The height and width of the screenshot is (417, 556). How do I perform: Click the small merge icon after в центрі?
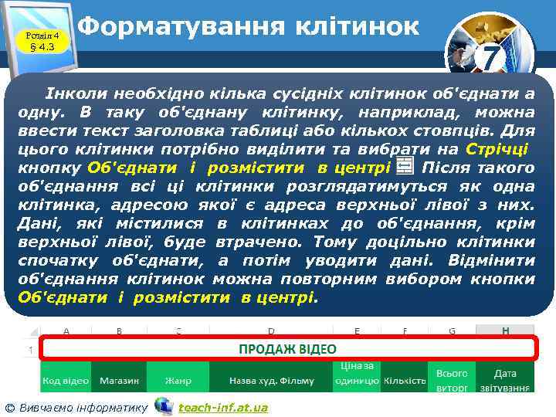[403, 167]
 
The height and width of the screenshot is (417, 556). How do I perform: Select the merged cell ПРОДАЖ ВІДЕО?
[286, 349]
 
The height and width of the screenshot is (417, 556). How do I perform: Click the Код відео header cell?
[65, 381]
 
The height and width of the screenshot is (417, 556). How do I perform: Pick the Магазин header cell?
[118, 381]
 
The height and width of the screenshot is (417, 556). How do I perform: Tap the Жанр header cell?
[178, 381]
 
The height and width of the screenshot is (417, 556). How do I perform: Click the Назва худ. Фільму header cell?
[271, 381]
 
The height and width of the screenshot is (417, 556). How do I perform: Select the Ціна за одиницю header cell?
[356, 374]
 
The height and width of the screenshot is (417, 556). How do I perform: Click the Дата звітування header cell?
[506, 381]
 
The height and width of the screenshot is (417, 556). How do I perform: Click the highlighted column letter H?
[505, 331]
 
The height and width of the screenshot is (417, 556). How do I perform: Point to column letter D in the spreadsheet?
[271, 331]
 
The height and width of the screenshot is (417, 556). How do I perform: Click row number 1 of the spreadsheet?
[30, 350]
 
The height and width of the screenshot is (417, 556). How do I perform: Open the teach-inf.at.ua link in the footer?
[223, 407]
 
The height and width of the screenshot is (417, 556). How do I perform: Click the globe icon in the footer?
[163, 405]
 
